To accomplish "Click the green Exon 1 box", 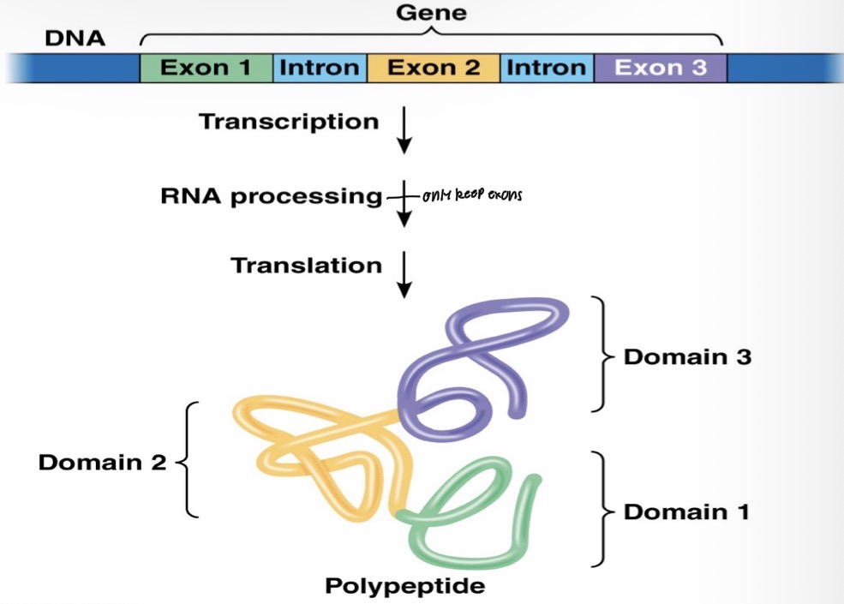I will (206, 68).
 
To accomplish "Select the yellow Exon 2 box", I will (434, 68).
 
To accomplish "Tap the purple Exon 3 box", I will (661, 68).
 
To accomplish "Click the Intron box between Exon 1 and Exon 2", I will (320, 68).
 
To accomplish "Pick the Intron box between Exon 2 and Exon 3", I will (548, 68).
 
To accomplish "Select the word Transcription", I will (289, 122).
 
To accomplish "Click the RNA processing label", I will (270, 195).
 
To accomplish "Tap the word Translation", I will (306, 266).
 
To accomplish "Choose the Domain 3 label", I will (687, 356).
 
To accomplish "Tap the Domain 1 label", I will (686, 512).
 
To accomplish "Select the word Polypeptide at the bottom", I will (404, 587).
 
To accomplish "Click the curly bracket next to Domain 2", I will (189, 460).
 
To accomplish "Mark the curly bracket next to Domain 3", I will (606, 355).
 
